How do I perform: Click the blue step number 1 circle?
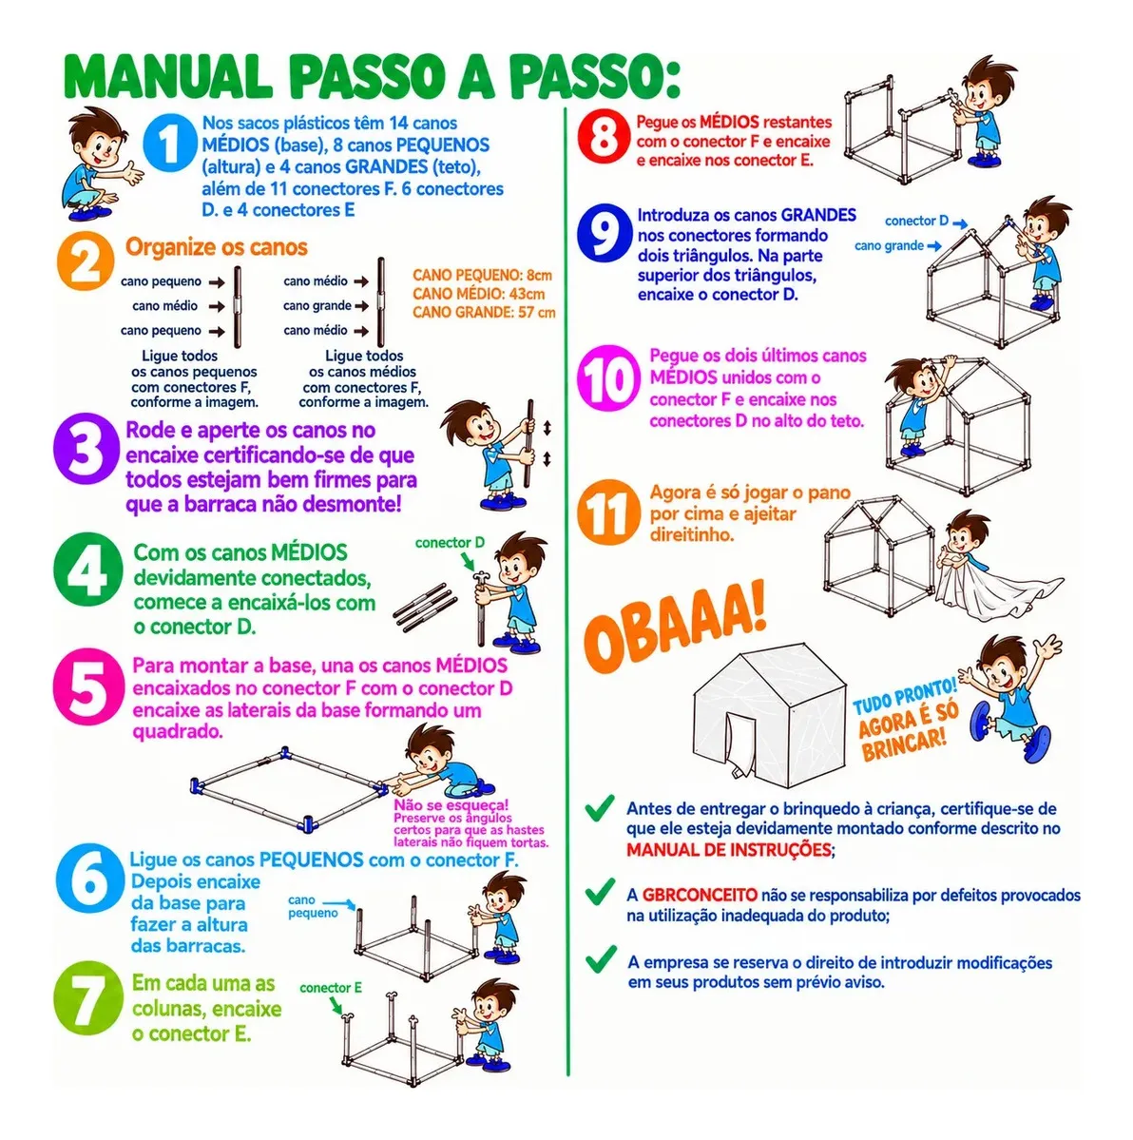168,144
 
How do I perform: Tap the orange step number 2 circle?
86,261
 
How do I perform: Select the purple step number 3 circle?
86,448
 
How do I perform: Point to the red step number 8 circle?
604,136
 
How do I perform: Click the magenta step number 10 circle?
609,378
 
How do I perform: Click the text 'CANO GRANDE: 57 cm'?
484,313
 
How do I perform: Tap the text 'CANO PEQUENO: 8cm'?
482,275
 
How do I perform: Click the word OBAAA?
675,626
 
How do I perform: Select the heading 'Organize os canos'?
217,247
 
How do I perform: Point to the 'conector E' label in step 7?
331,988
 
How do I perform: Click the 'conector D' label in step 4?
450,542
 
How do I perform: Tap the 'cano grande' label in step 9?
889,245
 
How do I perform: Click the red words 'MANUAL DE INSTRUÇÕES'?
729,850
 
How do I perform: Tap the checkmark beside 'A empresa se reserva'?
601,959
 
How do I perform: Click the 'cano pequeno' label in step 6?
313,907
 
